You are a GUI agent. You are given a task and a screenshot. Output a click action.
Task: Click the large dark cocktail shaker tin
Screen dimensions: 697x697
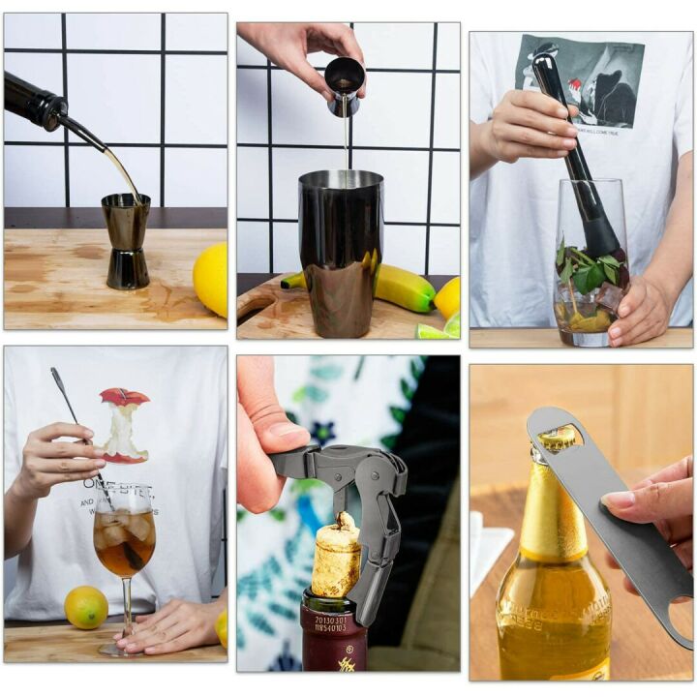point(340,248)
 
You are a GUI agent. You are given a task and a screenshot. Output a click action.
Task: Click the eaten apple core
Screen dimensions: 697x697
point(124,426)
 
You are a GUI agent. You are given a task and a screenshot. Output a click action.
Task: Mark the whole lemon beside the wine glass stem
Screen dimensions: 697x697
point(86,607)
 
